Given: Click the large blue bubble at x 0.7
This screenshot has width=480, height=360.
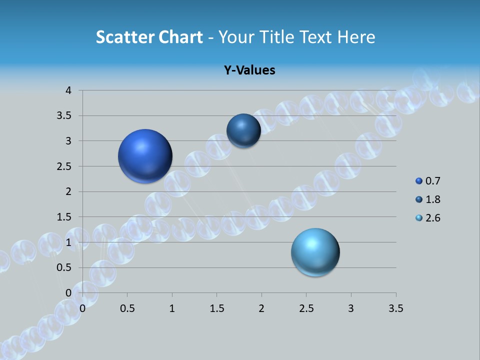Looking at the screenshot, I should tap(145, 156).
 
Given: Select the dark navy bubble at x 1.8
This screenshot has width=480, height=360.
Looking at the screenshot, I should tap(243, 130).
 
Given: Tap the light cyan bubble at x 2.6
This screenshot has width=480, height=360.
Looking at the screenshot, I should tap(315, 252).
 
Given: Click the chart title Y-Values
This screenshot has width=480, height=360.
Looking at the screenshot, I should tap(249, 70).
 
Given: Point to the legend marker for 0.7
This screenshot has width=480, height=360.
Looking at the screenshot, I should tap(419, 181).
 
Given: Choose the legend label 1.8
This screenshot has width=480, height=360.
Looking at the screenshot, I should tap(432, 199).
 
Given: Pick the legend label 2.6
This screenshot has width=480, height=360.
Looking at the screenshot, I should tap(432, 218).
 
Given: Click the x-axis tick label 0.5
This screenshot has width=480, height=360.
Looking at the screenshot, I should tap(127, 308).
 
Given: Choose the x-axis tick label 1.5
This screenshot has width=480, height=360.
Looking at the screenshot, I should tap(216, 308).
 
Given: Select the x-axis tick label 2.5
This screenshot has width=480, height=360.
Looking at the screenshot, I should tap(306, 308).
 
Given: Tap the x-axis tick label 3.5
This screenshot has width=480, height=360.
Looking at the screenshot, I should tap(395, 308).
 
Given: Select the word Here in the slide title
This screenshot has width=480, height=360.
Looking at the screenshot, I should tap(356, 37).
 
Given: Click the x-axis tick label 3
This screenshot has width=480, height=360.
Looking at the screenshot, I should tap(351, 308).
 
